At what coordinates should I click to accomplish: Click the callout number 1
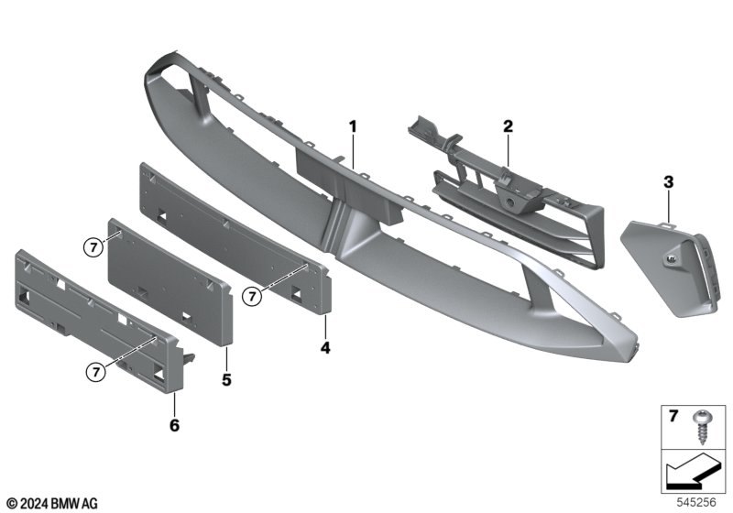(x=353, y=126)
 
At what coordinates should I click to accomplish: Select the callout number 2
(x=508, y=126)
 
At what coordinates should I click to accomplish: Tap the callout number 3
(x=668, y=181)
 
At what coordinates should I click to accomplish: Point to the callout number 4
(x=325, y=347)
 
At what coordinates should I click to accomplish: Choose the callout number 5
(x=226, y=380)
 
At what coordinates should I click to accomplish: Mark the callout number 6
(x=174, y=425)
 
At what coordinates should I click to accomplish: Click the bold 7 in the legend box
(x=673, y=416)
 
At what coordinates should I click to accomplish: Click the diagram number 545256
(x=696, y=502)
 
